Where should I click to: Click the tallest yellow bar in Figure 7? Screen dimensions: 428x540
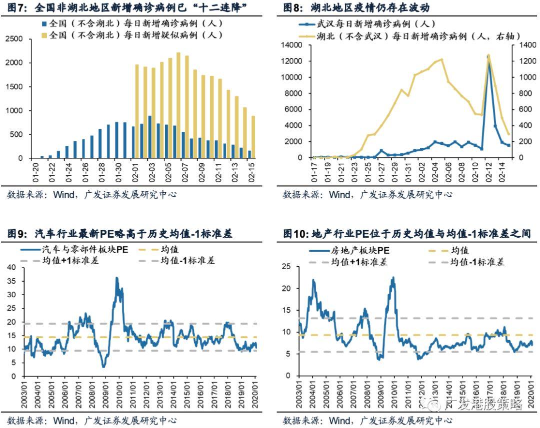178,105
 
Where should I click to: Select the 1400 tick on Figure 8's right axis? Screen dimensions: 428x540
522,45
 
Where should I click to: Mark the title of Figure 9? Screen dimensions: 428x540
120,233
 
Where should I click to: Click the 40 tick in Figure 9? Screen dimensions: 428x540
13,267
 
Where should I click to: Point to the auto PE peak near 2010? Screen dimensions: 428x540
116,278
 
